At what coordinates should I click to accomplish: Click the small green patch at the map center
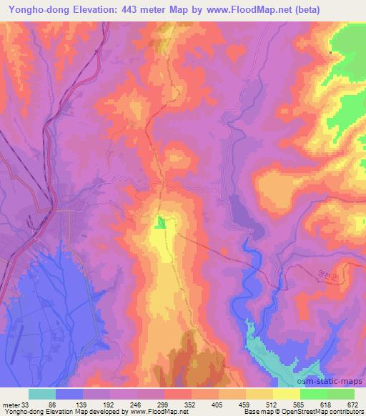pos(162,223)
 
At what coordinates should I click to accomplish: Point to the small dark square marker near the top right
pos(330,52)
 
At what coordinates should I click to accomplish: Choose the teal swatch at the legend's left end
pos(42,394)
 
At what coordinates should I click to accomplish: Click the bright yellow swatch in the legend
pos(287,394)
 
